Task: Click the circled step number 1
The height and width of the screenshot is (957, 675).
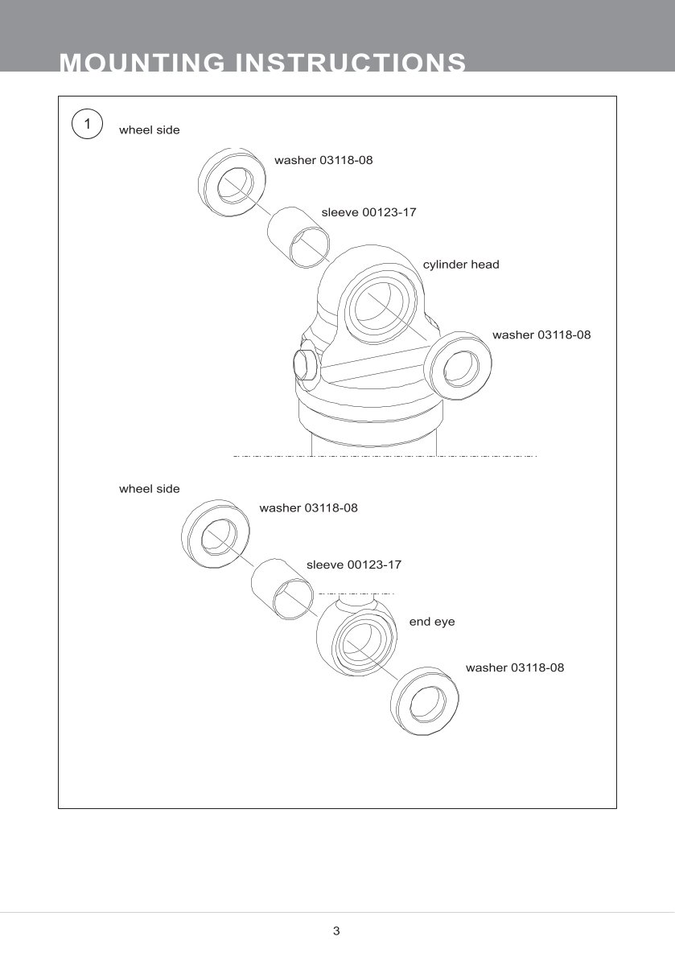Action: [87, 125]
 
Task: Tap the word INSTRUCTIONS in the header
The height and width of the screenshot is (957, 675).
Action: [350, 63]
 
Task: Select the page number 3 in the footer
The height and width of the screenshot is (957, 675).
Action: [336, 931]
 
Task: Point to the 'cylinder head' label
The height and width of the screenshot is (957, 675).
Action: [461, 265]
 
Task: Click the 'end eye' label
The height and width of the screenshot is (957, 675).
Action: [432, 622]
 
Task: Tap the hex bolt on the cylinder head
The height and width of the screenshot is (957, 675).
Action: [305, 364]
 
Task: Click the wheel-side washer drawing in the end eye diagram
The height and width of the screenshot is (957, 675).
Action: [216, 534]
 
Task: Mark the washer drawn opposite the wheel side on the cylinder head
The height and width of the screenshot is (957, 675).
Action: [458, 366]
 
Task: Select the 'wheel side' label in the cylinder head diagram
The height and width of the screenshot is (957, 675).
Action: [150, 129]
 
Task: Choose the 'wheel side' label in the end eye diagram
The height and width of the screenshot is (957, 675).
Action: [150, 489]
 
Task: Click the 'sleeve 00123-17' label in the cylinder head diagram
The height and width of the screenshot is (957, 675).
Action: [368, 212]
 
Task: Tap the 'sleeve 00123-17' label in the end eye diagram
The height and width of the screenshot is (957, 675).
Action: [353, 565]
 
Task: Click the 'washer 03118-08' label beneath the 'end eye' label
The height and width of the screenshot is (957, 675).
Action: [515, 667]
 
